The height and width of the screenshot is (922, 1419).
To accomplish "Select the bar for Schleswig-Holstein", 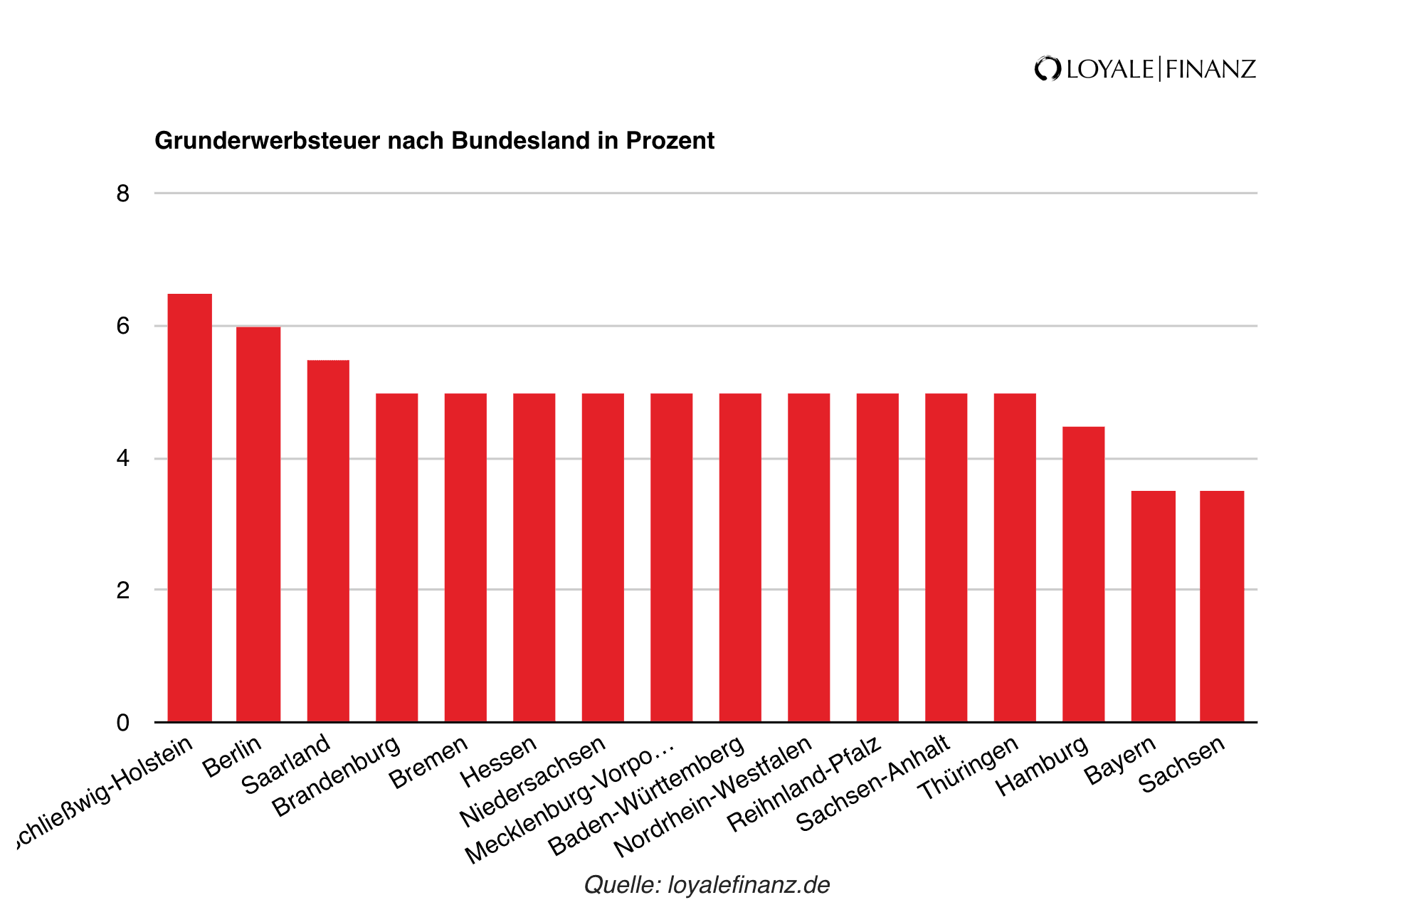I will [x=189, y=508].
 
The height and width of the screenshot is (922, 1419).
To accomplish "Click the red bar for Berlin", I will [x=258, y=524].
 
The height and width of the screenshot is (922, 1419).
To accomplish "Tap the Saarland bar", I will [x=328, y=541].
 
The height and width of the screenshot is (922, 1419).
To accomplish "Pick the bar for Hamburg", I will [x=1083, y=574].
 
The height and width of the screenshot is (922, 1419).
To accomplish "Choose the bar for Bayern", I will [x=1153, y=606].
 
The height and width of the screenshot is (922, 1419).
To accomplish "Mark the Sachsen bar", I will [x=1222, y=606].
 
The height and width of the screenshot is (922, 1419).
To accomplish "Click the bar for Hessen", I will [x=534, y=558].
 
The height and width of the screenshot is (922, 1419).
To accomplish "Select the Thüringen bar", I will [x=1015, y=558].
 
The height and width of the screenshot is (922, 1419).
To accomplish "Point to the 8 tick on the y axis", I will [x=123, y=194].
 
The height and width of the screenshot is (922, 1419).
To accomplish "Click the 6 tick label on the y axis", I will [x=123, y=326].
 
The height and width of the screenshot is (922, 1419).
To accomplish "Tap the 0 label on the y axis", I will [x=123, y=723].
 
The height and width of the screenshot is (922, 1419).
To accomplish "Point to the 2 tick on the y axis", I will [x=123, y=590].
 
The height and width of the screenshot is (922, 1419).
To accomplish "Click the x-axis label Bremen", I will [x=429, y=763].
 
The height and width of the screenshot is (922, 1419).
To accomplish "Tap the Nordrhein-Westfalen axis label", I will [x=712, y=796].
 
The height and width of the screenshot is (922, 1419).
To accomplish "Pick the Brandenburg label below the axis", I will [x=337, y=776].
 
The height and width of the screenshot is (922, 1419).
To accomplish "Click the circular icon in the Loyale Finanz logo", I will [x=1048, y=69].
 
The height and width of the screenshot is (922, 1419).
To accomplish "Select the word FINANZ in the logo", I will [x=1210, y=69].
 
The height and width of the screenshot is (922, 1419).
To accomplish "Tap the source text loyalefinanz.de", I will [x=749, y=885].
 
